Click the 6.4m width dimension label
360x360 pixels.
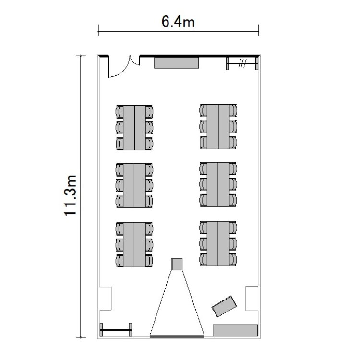(178, 22)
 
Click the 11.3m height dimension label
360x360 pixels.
(70, 195)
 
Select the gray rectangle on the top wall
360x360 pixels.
(176, 63)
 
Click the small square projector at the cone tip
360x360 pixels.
(177, 264)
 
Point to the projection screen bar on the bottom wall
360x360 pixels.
(177, 336)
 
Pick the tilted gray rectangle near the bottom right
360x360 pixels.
(224, 306)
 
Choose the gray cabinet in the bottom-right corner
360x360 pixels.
(235, 330)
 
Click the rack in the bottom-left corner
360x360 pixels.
(116, 330)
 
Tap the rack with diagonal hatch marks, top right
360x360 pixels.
(242, 63)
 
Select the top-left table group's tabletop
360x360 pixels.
(134, 128)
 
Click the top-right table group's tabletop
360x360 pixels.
(218, 127)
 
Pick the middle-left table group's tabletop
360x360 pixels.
(134, 185)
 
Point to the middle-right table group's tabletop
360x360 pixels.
(218, 185)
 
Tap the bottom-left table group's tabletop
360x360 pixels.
(134, 244)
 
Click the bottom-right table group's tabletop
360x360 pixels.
(218, 243)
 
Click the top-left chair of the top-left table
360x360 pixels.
(120, 111)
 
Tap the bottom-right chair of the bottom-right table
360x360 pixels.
(233, 260)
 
